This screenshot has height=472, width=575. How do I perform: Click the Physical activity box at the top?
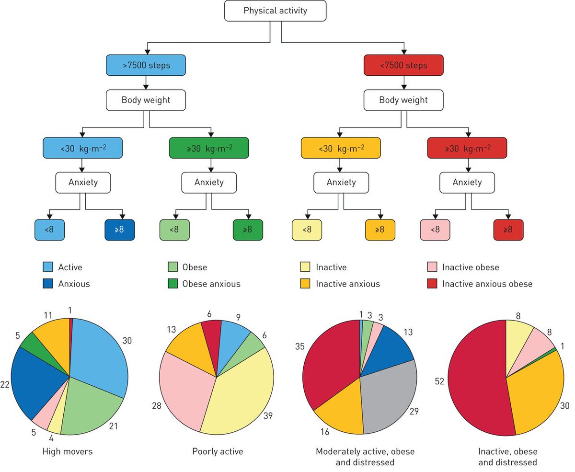pyautogui.click(x=276, y=11)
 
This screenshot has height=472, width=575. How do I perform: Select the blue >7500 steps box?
pyautogui.click(x=146, y=65)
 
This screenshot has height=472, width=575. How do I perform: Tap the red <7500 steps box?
pyautogui.click(x=403, y=65)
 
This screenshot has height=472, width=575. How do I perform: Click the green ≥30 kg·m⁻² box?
pyautogui.click(x=209, y=148)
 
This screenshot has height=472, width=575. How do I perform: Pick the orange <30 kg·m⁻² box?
pyautogui.click(x=341, y=148)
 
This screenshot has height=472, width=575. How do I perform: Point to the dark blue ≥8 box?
pyautogui.click(x=120, y=230)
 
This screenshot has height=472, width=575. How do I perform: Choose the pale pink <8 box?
pyautogui.click(x=435, y=230)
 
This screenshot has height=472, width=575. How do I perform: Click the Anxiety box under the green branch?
pyautogui.click(x=209, y=182)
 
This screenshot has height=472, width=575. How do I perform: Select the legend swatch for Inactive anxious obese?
pyautogui.click(x=431, y=283)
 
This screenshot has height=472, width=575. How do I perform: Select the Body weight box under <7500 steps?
pyautogui.click(x=403, y=101)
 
